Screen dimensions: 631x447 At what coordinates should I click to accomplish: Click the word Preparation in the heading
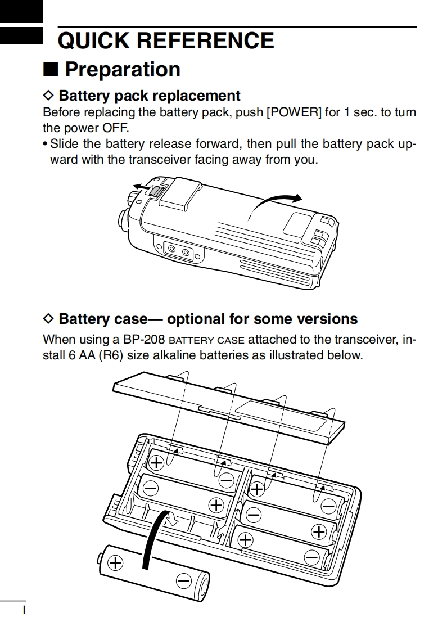tap(123, 70)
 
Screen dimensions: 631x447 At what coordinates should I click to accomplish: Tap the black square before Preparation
tap(51, 70)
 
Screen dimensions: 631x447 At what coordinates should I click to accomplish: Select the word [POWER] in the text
tap(294, 112)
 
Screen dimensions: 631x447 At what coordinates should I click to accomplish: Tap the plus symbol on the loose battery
tap(115, 562)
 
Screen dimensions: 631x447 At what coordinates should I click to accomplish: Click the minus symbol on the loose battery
tap(183, 581)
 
